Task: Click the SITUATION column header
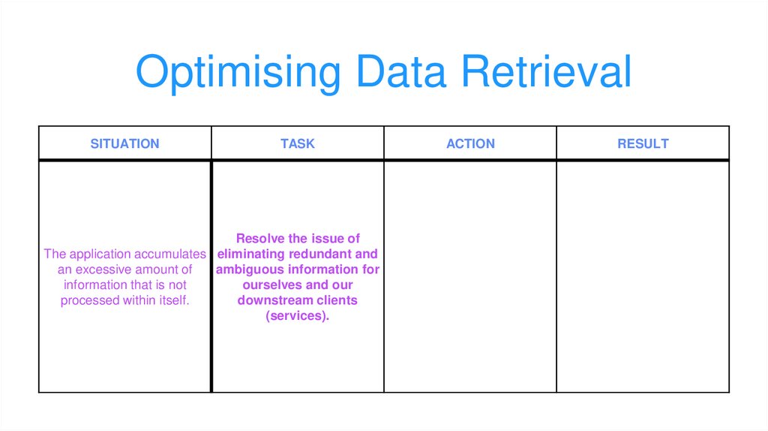124,143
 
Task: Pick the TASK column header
298,143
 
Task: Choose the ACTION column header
470,143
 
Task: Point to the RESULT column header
643,143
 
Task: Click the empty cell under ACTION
470,276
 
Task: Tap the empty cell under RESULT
643,276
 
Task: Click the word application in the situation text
100,254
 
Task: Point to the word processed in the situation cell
90,301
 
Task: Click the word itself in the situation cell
172,301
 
